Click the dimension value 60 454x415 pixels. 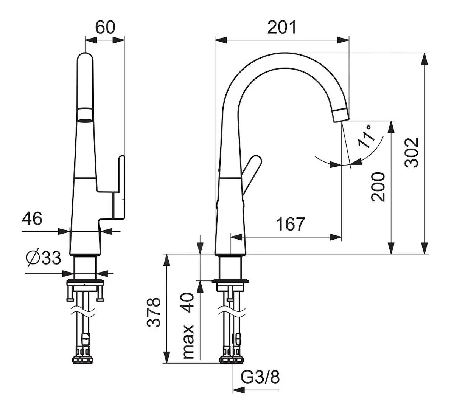click(105, 27)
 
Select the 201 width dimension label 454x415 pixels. click(282, 27)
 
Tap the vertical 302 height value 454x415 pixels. click(412, 152)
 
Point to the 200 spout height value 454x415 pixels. click(378, 187)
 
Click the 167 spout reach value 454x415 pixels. click(290, 224)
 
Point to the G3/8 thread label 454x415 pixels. click(260, 377)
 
